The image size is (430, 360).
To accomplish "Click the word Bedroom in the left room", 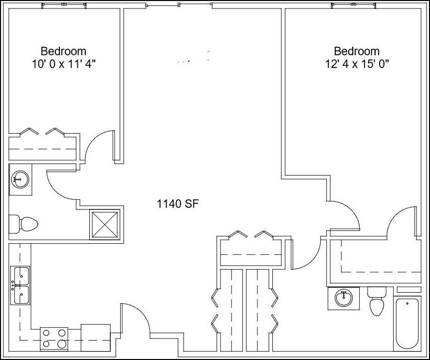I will tap(63, 51).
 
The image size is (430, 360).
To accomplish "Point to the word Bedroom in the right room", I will tap(357, 51).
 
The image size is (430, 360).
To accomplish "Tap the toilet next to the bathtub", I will tap(376, 302).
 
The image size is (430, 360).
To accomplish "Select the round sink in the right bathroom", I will tap(343, 298).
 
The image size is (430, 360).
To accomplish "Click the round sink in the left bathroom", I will tap(20, 177).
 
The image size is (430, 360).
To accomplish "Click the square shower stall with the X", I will tap(105, 225).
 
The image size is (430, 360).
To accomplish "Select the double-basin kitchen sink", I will tap(21, 285).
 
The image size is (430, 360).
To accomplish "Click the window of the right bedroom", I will tap(353, 5).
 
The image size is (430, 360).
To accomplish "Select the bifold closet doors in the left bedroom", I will tap(42, 132).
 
